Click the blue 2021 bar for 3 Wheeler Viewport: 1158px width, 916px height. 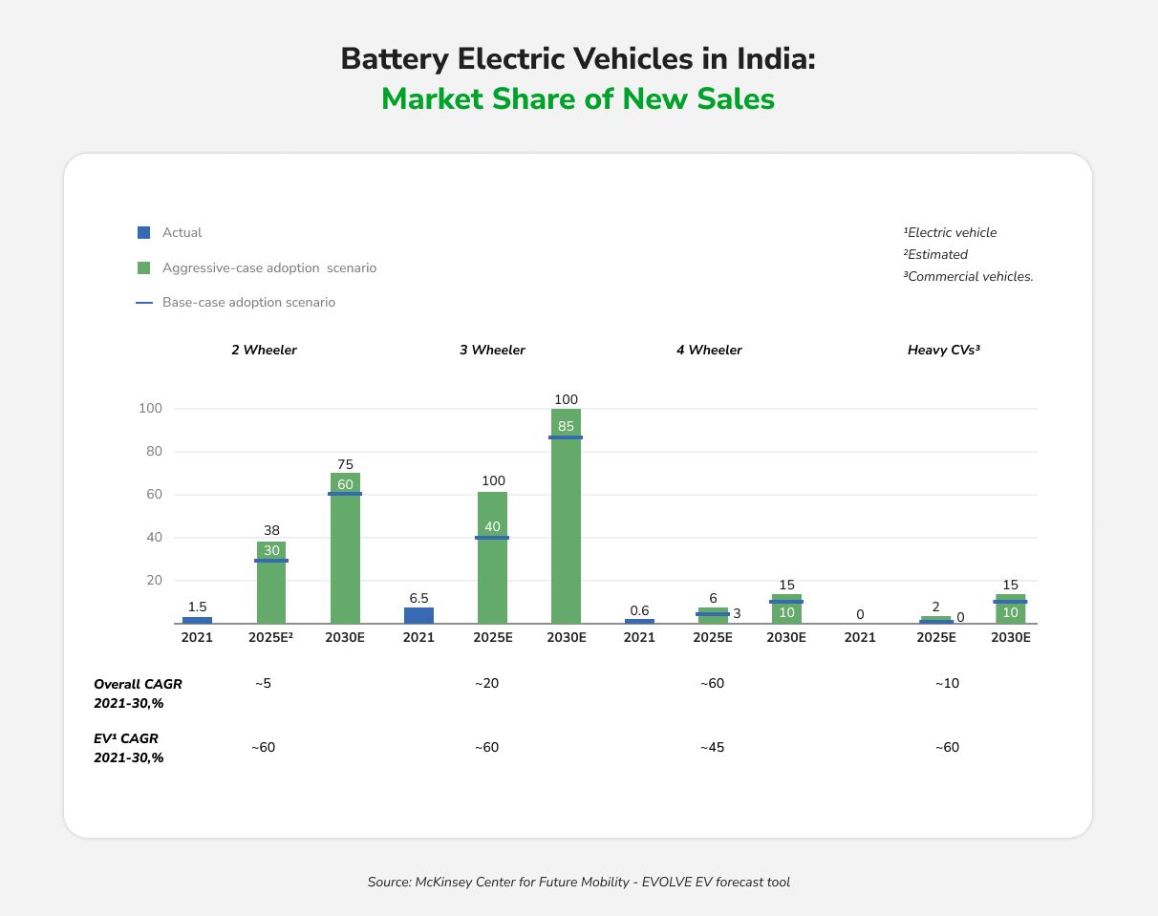tap(418, 615)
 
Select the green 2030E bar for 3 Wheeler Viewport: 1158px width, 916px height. tap(566, 516)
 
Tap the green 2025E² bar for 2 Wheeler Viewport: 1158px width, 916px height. tap(271, 583)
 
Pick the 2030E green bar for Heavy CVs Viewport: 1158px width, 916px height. tap(1010, 609)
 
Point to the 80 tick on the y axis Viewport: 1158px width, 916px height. tap(153, 452)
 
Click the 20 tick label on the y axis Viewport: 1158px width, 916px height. tap(153, 581)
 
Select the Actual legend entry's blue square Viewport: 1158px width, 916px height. tap(144, 232)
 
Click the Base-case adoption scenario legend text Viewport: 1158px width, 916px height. tap(248, 303)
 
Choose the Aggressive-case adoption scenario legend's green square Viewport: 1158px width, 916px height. tap(144, 267)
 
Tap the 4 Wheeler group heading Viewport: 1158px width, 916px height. tap(709, 351)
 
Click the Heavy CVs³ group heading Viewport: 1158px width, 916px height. tap(944, 351)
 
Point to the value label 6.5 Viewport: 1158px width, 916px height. tap(418, 598)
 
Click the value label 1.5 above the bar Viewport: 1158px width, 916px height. tap(198, 607)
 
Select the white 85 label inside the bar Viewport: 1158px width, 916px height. tap(566, 427)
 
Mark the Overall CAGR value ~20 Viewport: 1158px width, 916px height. tap(486, 684)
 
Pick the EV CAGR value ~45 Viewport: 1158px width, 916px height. tap(712, 747)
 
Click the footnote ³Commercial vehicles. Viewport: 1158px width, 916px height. tap(968, 277)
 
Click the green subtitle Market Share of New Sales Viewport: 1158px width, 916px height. tap(578, 98)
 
